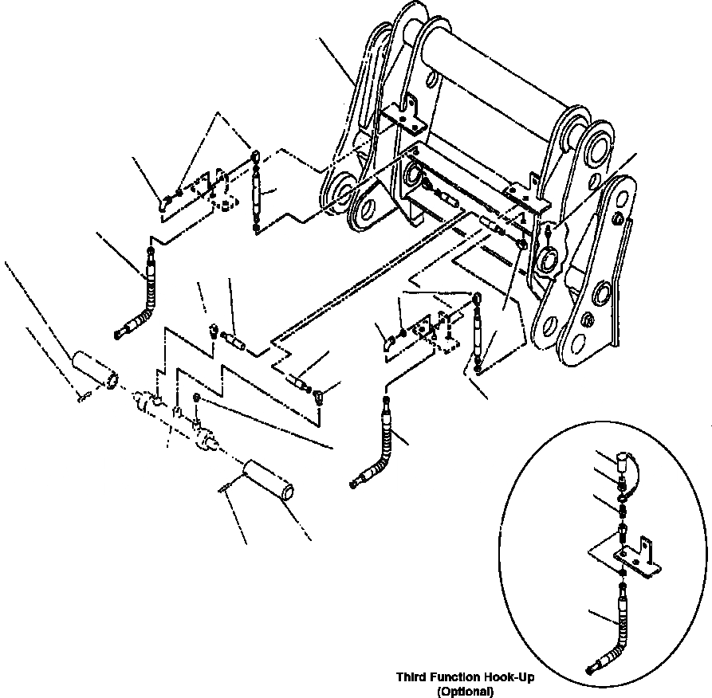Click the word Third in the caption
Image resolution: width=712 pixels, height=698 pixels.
[413, 677]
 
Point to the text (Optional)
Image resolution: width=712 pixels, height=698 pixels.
[466, 691]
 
